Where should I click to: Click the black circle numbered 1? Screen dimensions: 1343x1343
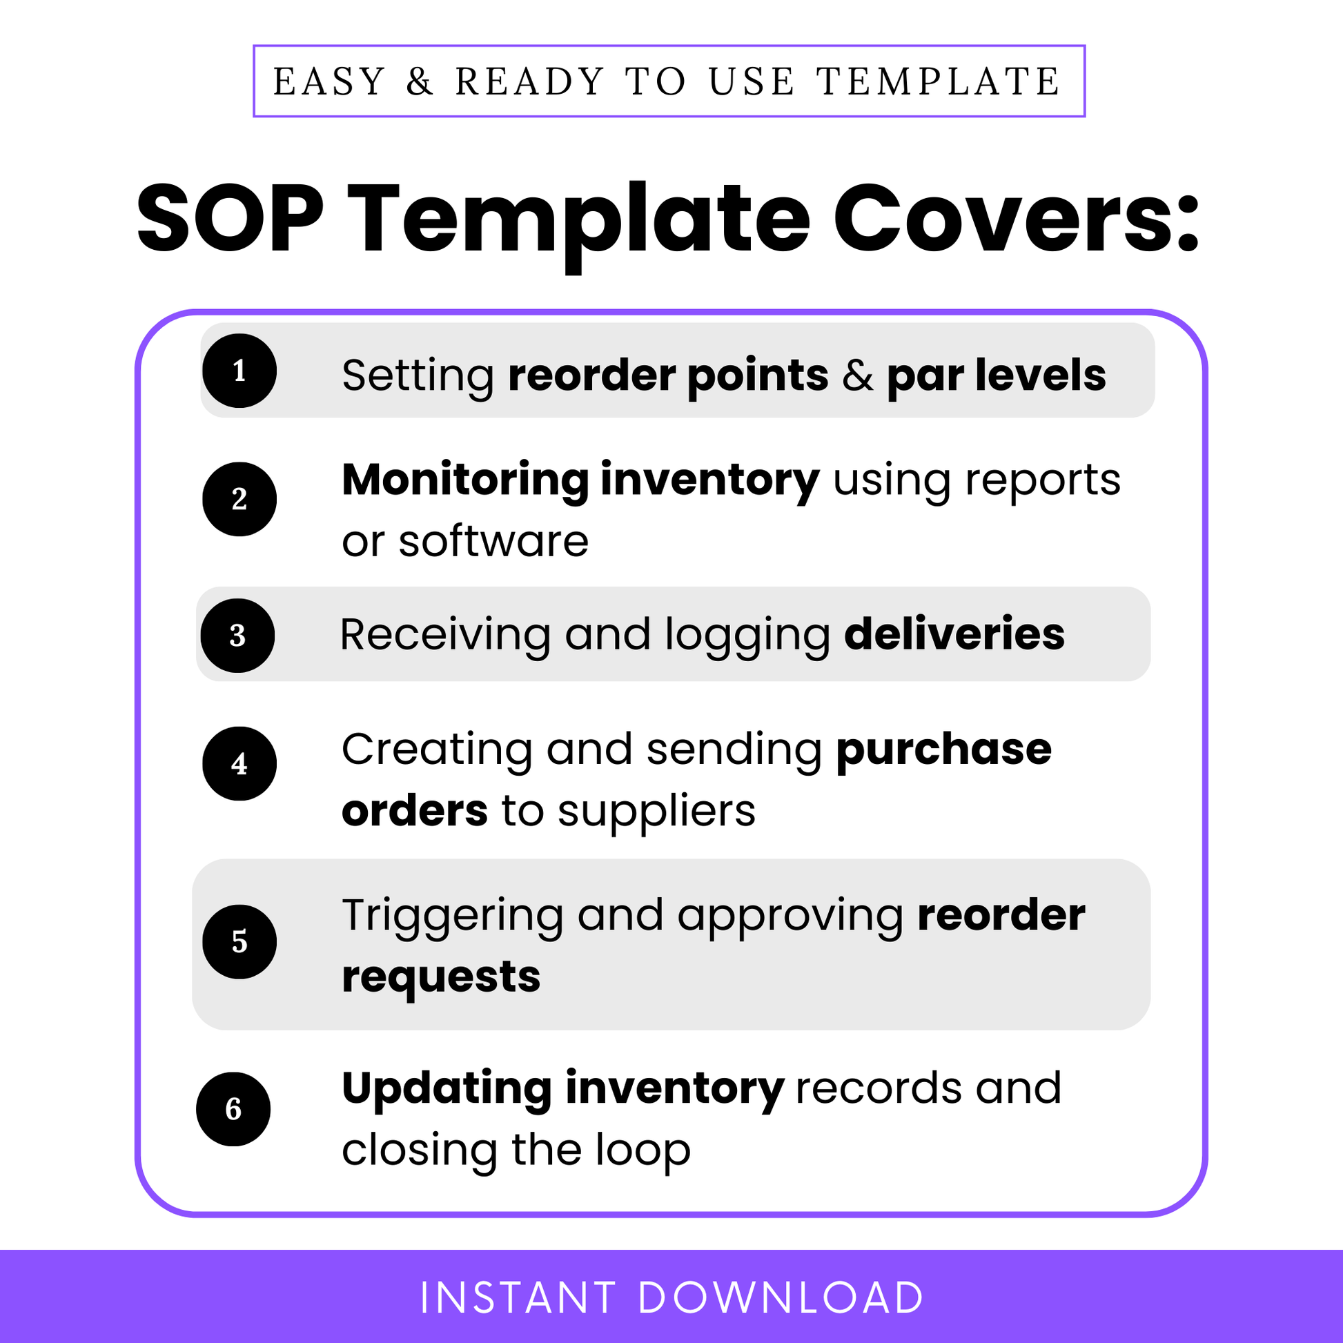point(239,371)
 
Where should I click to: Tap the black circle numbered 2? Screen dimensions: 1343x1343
point(239,499)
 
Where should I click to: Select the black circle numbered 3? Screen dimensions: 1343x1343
point(237,636)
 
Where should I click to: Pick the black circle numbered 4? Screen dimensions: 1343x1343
point(239,764)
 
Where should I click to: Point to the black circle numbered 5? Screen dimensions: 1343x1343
point(239,942)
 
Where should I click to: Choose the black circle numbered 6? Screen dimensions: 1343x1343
point(233,1110)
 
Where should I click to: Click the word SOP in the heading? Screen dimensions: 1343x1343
point(230,218)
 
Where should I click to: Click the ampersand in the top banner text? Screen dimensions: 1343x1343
point(420,82)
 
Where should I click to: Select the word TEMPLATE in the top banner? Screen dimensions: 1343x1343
point(939,82)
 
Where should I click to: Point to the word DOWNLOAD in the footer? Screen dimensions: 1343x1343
point(780,1298)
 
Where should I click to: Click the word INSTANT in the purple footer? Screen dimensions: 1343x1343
point(518,1298)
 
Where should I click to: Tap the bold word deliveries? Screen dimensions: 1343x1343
point(954,634)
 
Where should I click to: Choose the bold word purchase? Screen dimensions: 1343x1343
point(943,749)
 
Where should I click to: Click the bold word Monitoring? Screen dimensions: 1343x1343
point(466,480)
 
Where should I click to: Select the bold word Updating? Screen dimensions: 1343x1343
point(447,1088)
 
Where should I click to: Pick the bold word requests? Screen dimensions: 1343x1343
point(441,977)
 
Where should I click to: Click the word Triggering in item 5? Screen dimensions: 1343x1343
point(453,916)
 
